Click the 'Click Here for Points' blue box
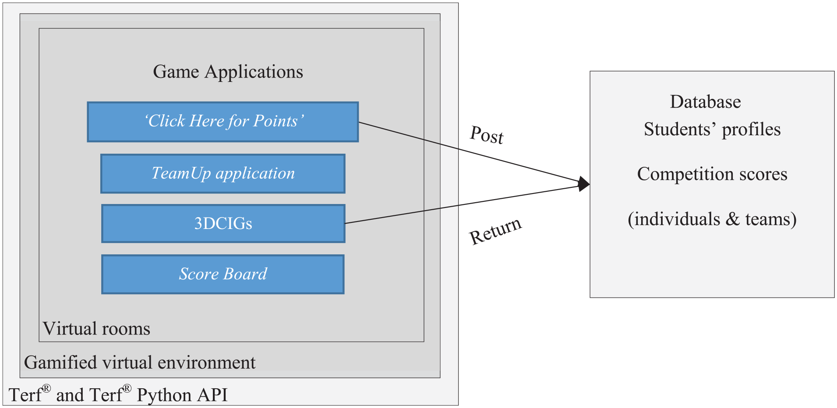223,122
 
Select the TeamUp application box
223,174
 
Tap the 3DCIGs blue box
223,224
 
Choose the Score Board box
223,274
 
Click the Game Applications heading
228,72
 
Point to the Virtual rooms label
96,329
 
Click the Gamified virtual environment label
140,362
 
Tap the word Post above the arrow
487,134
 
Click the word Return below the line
495,231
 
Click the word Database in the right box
705,102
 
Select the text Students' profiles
712,130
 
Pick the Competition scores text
712,174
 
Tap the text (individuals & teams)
712,219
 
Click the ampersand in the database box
732,219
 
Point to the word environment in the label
207,363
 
